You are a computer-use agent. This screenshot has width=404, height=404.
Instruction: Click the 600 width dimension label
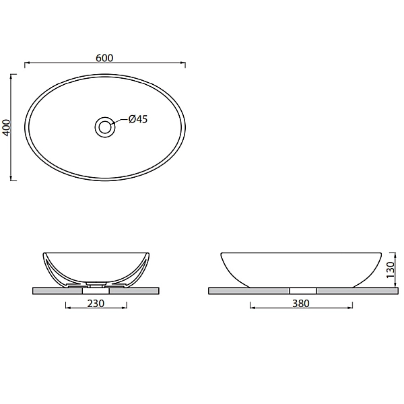(104, 58)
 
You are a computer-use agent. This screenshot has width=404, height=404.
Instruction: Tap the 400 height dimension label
(6, 127)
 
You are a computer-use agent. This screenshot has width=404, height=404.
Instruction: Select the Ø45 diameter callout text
(137, 119)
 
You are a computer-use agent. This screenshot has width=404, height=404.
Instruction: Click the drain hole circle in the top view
(105, 126)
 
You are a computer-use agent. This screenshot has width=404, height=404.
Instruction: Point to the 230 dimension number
(96, 304)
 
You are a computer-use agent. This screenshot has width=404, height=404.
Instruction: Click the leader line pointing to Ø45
(122, 122)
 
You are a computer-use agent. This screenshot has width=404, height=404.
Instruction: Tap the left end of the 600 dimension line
(26, 64)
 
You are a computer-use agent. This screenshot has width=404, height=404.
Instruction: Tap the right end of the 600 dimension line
(185, 64)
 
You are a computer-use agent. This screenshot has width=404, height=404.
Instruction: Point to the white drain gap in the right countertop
(302, 291)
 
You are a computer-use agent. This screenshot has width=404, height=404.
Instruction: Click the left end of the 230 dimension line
(65, 308)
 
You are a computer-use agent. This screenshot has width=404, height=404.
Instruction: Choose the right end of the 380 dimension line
(352, 308)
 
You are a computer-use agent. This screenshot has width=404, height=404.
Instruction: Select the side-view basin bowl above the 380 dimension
(301, 268)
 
